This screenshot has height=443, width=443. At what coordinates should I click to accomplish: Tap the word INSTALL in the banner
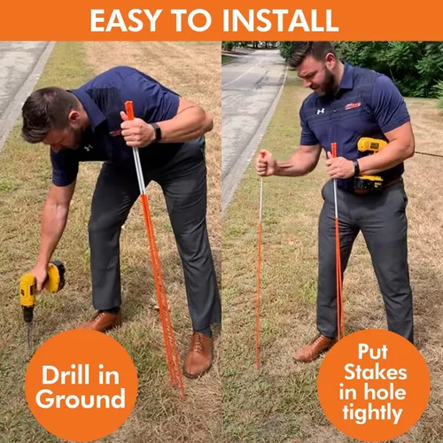pos(280,20)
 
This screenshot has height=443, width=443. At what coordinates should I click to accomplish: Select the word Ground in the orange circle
pos(81,400)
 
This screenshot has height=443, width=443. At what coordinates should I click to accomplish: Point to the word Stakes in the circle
pos(375,372)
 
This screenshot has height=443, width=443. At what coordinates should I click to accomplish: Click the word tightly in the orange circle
pos(372,413)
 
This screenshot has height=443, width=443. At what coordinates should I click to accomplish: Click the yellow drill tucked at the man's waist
pos(370,166)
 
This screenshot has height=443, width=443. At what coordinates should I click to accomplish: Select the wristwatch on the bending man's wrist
pos(156,132)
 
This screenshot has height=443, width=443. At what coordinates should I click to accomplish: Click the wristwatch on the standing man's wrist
pos(356,168)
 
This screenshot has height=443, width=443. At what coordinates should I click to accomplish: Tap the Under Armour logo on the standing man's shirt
pos(321,112)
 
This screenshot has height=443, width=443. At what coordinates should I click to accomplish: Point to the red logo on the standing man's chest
pos(353,105)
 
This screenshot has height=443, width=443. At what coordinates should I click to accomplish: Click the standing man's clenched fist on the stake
pos(264,163)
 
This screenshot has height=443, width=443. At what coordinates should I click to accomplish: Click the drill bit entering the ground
pos(28,335)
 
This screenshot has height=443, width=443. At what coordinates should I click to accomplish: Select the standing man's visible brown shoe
pos(314,349)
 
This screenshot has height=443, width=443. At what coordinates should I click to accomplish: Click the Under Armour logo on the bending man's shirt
pos(89,147)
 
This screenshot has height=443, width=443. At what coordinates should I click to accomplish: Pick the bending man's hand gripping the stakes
pos(136,130)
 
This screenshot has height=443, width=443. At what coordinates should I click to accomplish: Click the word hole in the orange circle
pos(385,392)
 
